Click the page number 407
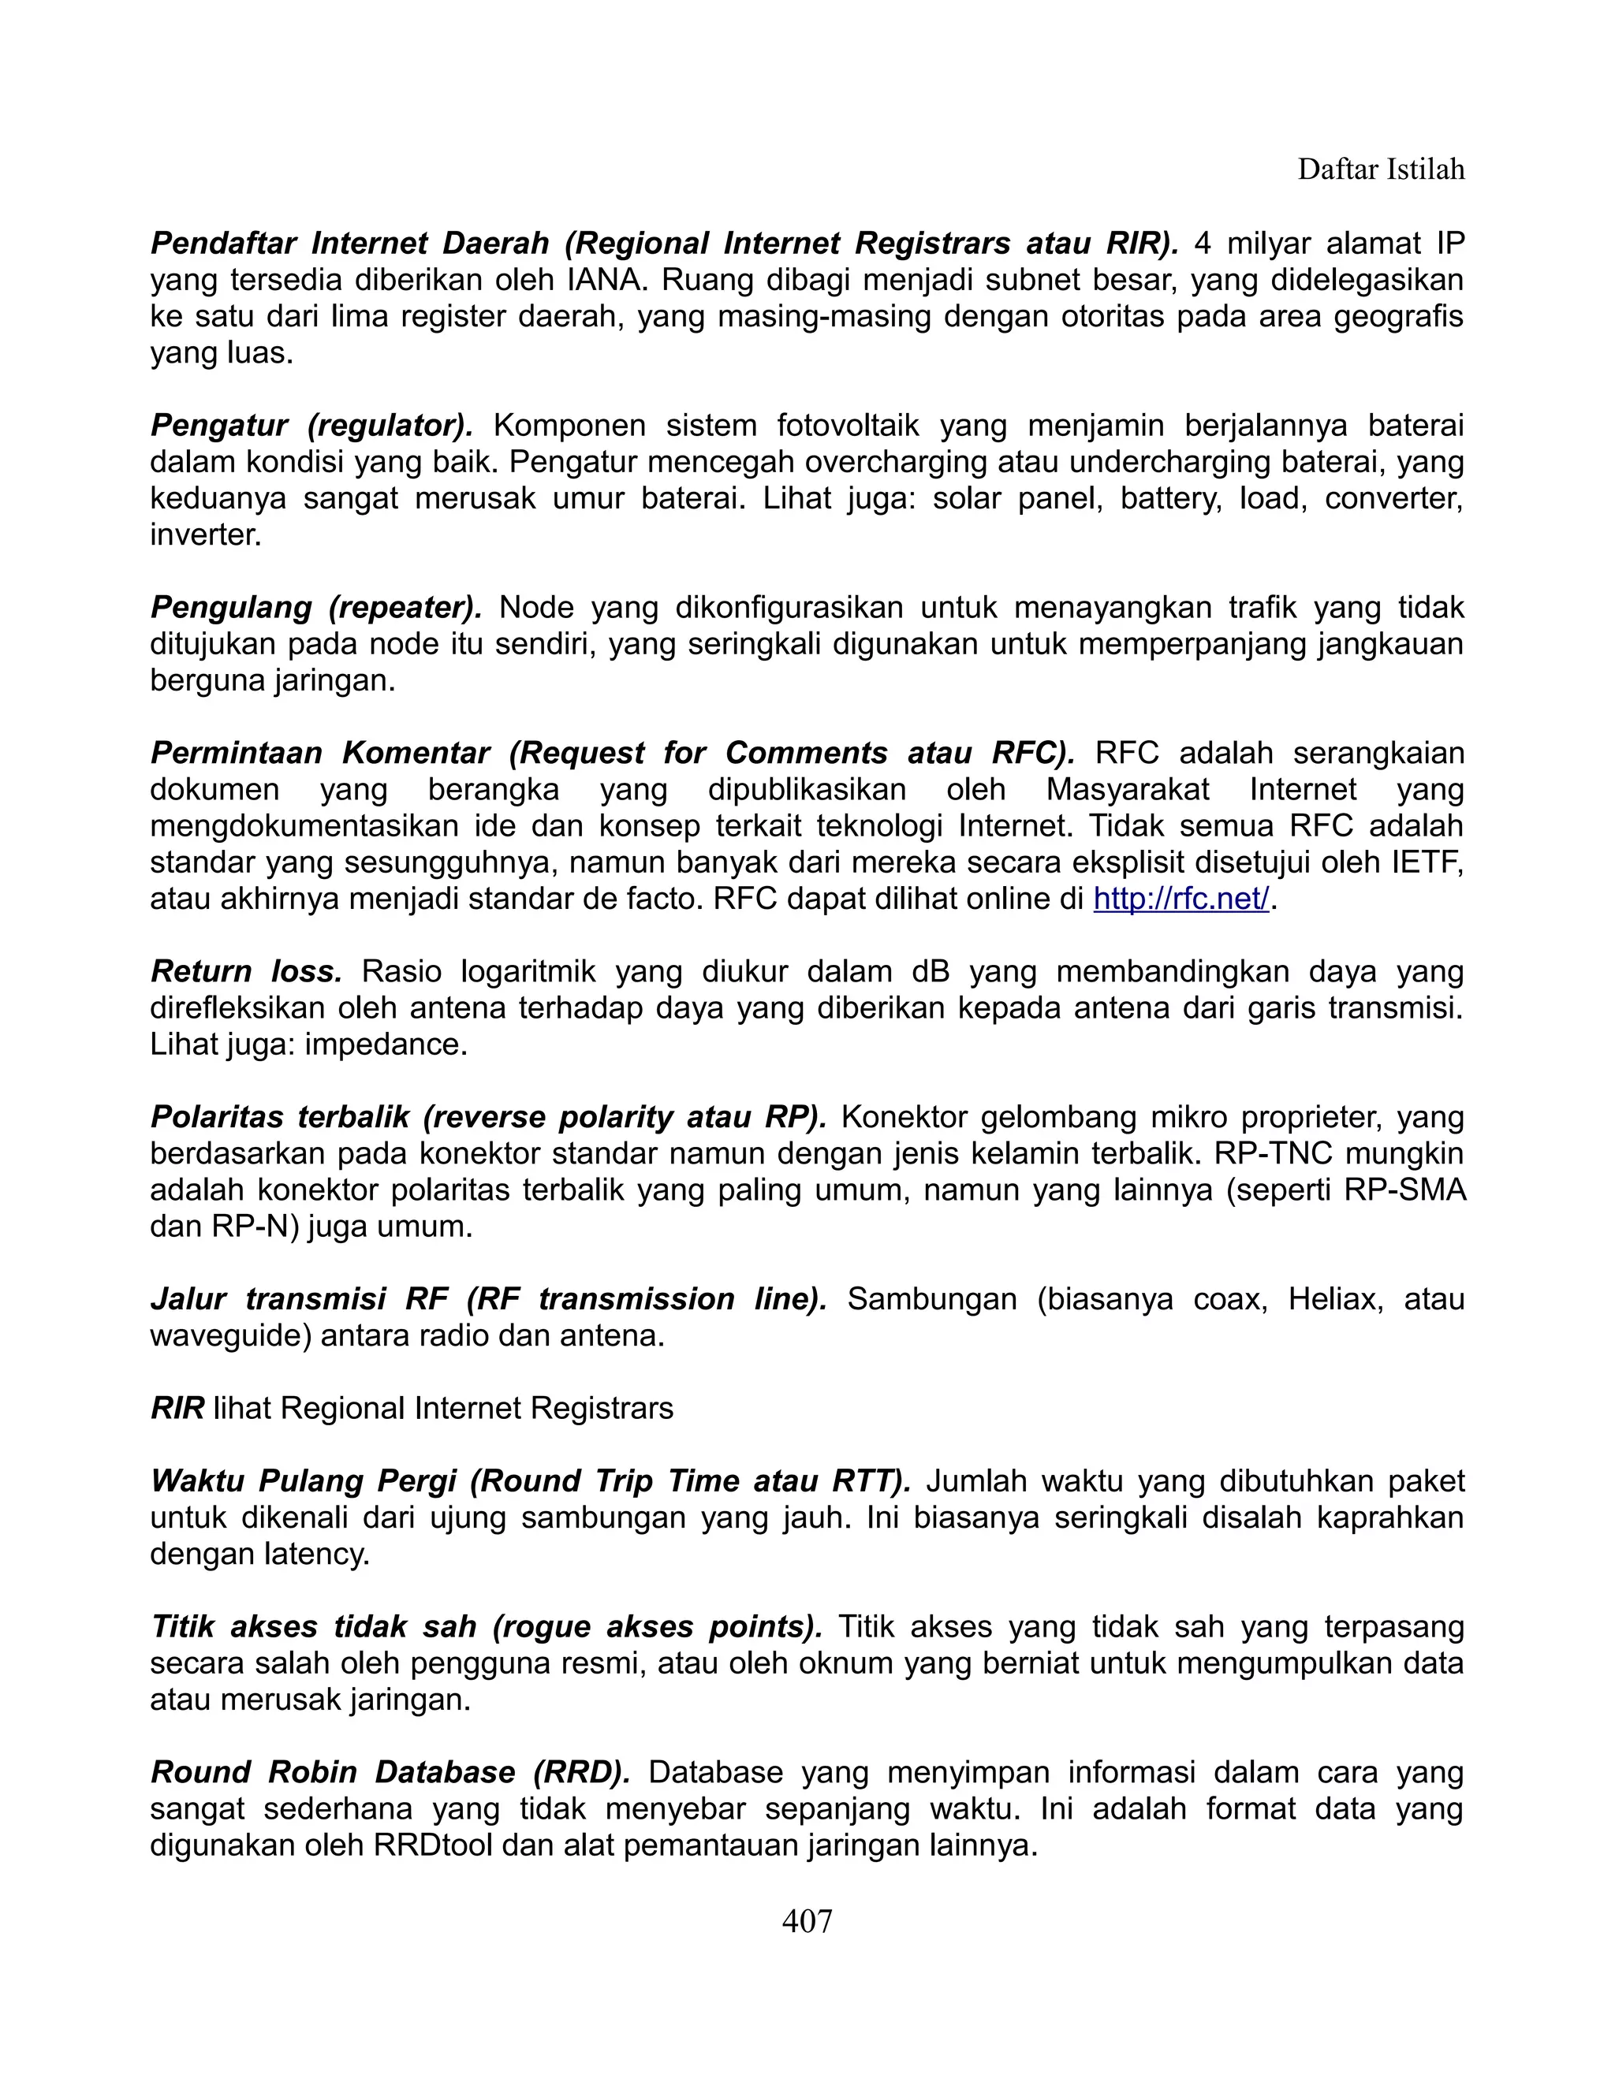[807, 1920]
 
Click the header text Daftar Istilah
[1380, 169]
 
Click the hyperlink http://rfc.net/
[1180, 899]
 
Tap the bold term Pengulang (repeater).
[315, 607]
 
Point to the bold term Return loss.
[246, 972]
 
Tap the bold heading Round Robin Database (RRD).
[390, 1772]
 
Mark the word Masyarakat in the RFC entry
[1127, 790]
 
